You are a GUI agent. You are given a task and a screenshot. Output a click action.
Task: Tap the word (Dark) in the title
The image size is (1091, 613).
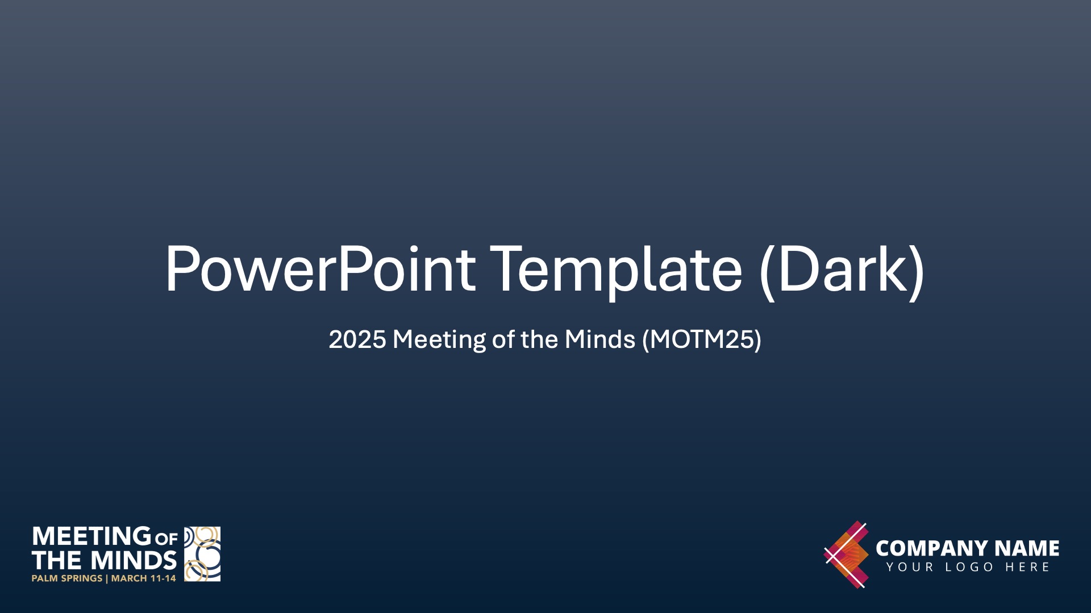[x=842, y=271]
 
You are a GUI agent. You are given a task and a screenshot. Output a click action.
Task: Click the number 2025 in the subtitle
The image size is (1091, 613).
[x=357, y=339]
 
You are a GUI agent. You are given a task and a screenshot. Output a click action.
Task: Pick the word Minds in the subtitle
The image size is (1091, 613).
[x=600, y=339]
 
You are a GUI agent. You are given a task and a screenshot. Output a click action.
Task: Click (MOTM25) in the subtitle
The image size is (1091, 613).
[x=702, y=339]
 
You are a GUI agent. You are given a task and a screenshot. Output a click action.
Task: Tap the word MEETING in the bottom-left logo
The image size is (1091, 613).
[x=92, y=536]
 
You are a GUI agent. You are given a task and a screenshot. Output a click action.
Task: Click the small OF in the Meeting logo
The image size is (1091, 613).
[x=166, y=538]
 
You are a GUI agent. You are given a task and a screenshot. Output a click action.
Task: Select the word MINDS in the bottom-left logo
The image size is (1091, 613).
[x=134, y=561]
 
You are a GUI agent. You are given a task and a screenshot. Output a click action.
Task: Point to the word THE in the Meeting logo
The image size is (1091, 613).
[x=57, y=561]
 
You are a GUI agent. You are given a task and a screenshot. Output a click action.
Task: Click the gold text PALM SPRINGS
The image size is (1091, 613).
[x=67, y=578]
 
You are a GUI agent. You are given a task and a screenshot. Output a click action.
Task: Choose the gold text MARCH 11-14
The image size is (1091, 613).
[x=144, y=578]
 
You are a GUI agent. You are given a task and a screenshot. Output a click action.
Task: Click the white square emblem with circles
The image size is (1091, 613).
[x=202, y=554]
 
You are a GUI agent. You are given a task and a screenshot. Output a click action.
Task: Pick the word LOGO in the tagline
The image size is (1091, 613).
[x=969, y=567]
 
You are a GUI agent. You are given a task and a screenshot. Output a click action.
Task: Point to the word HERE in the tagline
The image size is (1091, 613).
[x=1027, y=567]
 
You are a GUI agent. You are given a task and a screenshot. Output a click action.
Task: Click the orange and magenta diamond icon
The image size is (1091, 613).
[x=847, y=555]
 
